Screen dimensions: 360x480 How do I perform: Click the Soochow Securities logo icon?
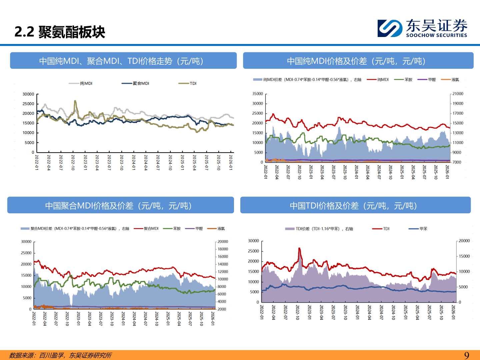[390, 28]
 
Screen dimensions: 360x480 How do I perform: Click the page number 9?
[467, 355]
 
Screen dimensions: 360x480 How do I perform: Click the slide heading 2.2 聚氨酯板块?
[60, 32]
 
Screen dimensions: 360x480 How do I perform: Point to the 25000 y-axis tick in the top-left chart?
[28, 104]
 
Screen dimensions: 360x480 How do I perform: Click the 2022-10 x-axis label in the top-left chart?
[73, 162]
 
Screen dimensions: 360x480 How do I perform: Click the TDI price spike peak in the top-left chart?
[75, 101]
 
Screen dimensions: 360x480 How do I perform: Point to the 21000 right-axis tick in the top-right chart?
[458, 94]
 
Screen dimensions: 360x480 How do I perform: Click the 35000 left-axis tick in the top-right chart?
[258, 94]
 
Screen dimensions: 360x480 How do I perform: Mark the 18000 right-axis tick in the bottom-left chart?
[223, 249]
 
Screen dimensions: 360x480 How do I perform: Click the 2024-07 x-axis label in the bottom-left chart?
[145, 318]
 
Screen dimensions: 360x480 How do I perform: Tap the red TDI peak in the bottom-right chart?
[299, 248]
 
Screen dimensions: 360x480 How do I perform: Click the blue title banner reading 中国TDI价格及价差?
[355, 205]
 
